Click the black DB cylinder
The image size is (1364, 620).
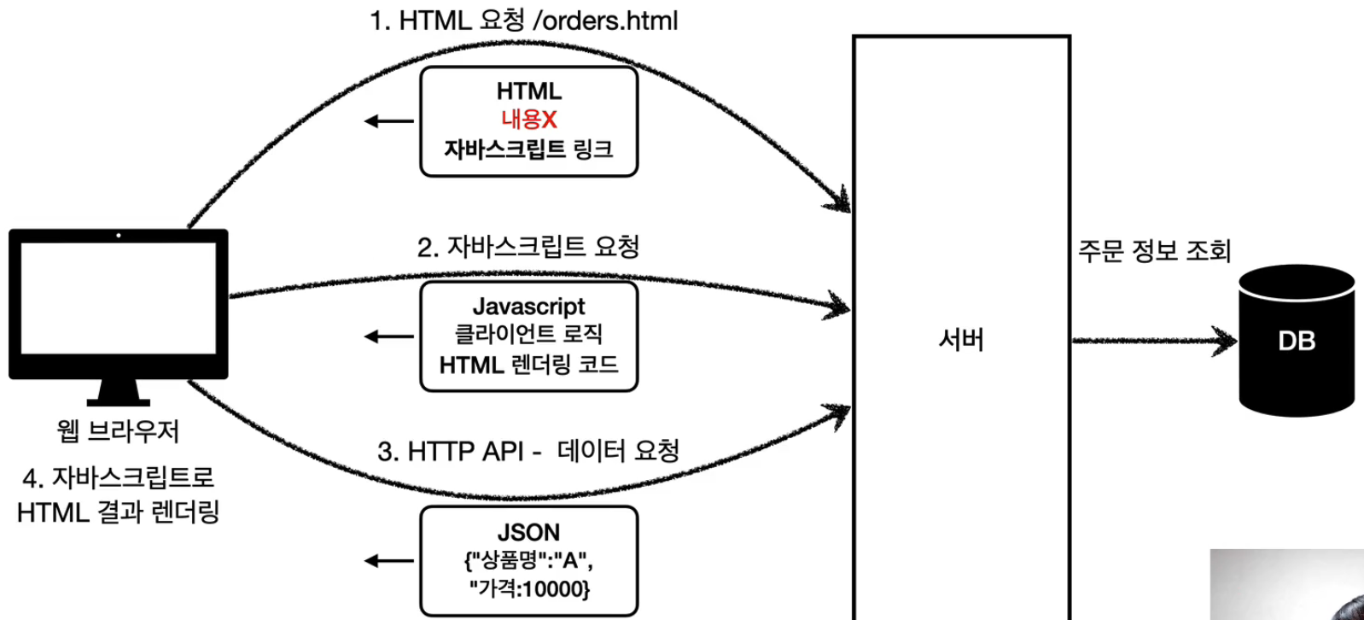click(1297, 342)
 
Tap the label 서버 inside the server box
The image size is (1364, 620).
click(961, 340)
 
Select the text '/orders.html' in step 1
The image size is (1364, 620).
click(605, 20)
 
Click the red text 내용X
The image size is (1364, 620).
click(528, 120)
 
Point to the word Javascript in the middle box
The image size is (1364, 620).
click(528, 307)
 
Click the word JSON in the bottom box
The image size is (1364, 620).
click(528, 533)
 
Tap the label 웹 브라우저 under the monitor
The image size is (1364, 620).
click(118, 430)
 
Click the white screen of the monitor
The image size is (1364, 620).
click(118, 297)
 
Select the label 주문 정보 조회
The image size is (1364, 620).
click(1154, 250)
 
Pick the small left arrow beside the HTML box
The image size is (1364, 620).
click(388, 121)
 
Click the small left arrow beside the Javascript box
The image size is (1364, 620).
click(388, 336)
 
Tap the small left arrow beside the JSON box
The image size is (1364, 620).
click(388, 561)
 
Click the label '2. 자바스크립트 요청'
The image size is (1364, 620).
click(528, 247)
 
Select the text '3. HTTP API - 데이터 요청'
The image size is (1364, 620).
click(528, 451)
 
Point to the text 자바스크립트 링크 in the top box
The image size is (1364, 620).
click(528, 149)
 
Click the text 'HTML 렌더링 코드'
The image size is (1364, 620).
click(528, 366)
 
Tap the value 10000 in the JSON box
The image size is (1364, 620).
click(555, 588)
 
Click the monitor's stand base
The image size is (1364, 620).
click(118, 401)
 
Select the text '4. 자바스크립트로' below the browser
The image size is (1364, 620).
click(118, 477)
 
